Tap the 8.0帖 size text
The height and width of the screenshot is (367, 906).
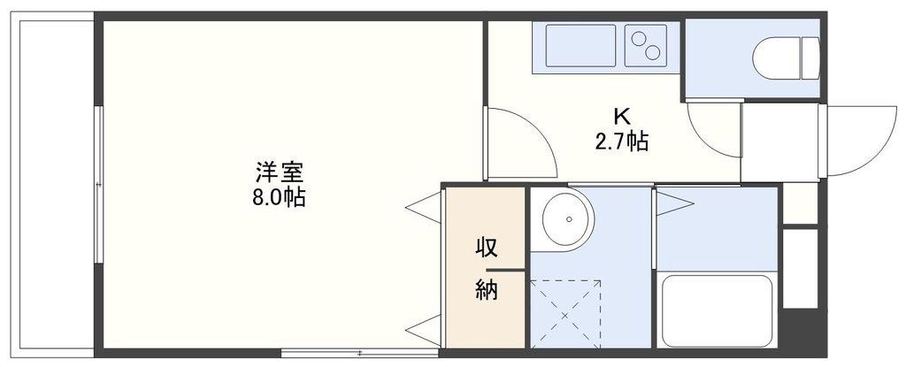[279, 198]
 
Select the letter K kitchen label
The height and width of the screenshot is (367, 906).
[621, 118]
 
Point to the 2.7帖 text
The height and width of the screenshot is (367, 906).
[622, 141]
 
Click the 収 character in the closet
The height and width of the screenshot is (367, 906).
[486, 249]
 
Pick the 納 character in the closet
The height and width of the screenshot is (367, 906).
[486, 289]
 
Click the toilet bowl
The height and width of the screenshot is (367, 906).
[786, 57]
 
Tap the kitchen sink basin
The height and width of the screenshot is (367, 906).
[580, 46]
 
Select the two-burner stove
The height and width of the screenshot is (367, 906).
[646, 46]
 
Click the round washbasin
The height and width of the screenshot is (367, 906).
[565, 219]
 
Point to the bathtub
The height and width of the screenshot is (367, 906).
[717, 310]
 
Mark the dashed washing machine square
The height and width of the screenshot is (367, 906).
[565, 314]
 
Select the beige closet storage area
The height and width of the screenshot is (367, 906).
[486, 268]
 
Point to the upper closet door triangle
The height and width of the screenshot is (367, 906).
[424, 208]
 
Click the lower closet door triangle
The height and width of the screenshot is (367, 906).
[424, 331]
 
